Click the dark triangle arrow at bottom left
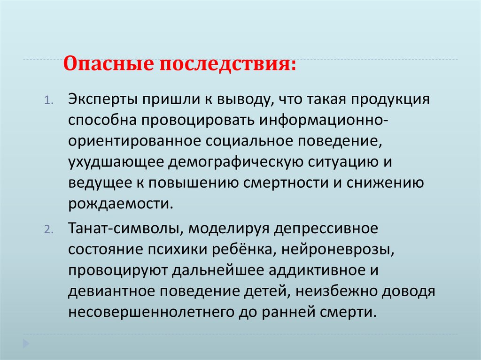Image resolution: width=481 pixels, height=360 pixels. click(x=26, y=342)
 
